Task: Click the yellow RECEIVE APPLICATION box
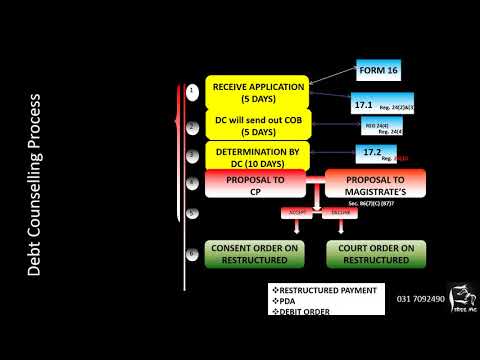click(258, 93)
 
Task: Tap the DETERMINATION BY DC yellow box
click(258, 156)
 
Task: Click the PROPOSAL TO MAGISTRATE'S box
click(375, 185)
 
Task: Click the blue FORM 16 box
click(384, 72)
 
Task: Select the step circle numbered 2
click(193, 127)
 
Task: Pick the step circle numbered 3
click(193, 156)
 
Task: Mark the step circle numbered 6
click(193, 254)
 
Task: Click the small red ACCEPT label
click(294, 213)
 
